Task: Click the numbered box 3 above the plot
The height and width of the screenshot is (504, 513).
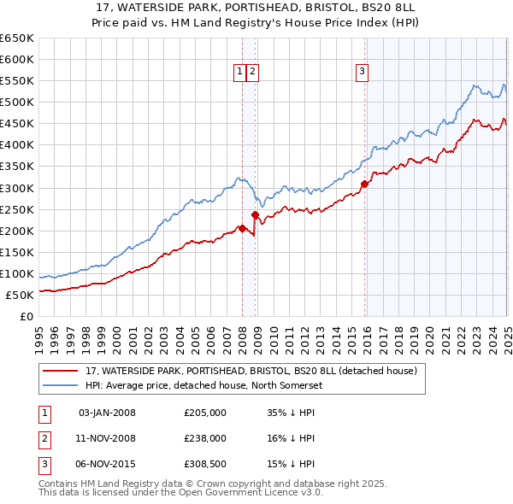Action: (363, 72)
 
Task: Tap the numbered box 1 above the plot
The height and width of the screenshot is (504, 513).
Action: (239, 72)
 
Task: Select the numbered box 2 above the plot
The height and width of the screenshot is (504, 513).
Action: (254, 72)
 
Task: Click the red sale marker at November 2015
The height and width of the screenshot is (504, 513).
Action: (365, 184)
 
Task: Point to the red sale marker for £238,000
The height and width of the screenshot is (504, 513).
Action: (256, 214)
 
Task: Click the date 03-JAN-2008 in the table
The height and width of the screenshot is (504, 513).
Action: (107, 413)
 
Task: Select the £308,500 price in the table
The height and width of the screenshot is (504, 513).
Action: (205, 464)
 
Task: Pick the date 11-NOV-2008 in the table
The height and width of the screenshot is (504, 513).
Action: (107, 438)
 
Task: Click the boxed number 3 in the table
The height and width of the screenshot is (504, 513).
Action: (42, 464)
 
